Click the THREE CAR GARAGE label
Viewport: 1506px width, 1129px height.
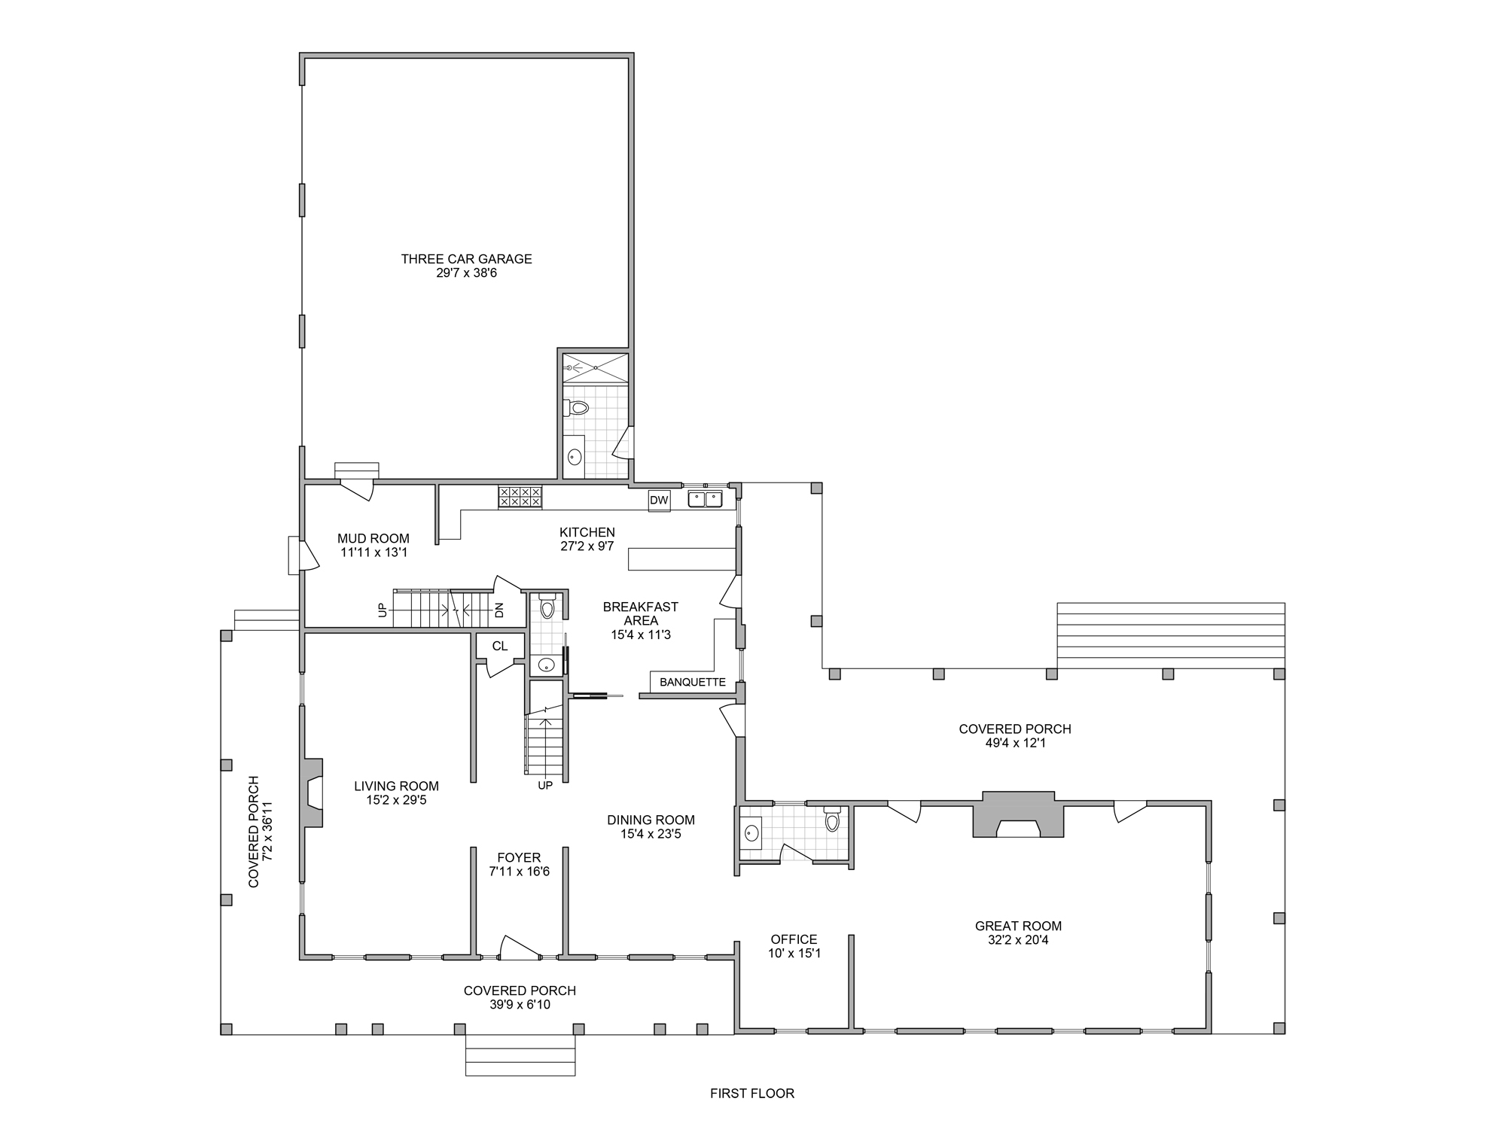(x=466, y=259)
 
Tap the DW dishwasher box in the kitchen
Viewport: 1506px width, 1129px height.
(x=659, y=501)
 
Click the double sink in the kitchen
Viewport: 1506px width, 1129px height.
(x=705, y=498)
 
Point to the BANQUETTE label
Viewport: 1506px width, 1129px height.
(x=693, y=683)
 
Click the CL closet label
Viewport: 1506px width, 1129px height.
(x=500, y=647)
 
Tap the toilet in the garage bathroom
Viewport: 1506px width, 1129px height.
(x=575, y=408)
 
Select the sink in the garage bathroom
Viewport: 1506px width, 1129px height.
(x=575, y=456)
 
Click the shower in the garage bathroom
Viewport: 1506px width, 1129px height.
(x=596, y=368)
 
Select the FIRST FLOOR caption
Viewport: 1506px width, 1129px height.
(x=752, y=1093)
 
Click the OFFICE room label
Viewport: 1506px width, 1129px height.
(x=794, y=939)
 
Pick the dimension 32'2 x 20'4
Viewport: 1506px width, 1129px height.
(x=1018, y=940)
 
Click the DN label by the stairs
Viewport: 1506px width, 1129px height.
(x=499, y=610)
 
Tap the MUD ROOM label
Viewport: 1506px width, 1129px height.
(x=373, y=539)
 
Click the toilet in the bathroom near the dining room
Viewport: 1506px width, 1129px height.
(x=831, y=819)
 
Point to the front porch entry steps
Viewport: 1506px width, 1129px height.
(x=520, y=1055)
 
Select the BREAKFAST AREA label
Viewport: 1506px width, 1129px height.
(x=641, y=613)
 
